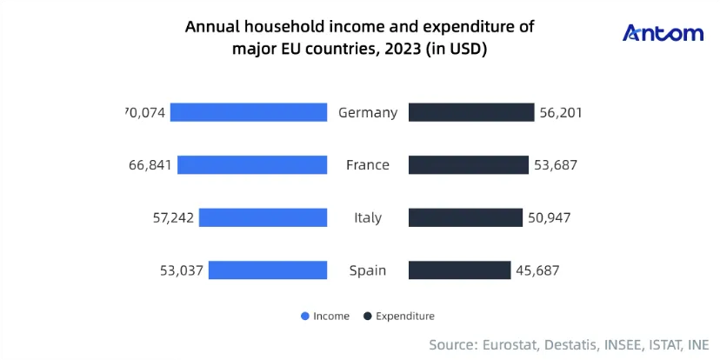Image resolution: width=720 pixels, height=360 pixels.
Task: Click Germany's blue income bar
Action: coord(249,112)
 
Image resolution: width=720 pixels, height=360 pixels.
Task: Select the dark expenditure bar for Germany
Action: coord(471,112)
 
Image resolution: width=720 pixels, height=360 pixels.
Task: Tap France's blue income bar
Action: coord(252,165)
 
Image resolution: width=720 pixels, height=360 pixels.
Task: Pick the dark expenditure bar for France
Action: coord(469,165)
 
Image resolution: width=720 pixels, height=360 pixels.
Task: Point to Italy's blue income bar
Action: coord(263,217)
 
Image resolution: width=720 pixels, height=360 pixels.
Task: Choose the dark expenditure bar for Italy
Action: coord(465,217)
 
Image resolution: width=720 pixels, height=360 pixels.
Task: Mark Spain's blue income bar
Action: coord(268,270)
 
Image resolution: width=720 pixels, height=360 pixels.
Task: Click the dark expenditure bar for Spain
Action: coord(460,270)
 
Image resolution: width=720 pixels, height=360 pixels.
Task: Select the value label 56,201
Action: coord(561,112)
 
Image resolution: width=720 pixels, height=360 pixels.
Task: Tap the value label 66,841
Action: coord(150,165)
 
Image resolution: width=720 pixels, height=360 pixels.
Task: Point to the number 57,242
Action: coord(173,217)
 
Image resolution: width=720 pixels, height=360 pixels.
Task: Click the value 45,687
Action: coord(537,270)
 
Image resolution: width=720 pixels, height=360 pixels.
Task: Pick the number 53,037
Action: coord(182,270)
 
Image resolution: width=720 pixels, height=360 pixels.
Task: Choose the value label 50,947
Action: coord(550,217)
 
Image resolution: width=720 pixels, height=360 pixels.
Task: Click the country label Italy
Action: coord(368,217)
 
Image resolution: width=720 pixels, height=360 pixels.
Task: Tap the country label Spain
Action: coord(368,271)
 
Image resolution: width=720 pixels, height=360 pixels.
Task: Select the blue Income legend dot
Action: coord(305,316)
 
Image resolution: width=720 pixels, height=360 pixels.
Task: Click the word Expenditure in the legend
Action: coord(405,317)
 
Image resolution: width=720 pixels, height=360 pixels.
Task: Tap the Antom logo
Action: coord(663,34)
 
